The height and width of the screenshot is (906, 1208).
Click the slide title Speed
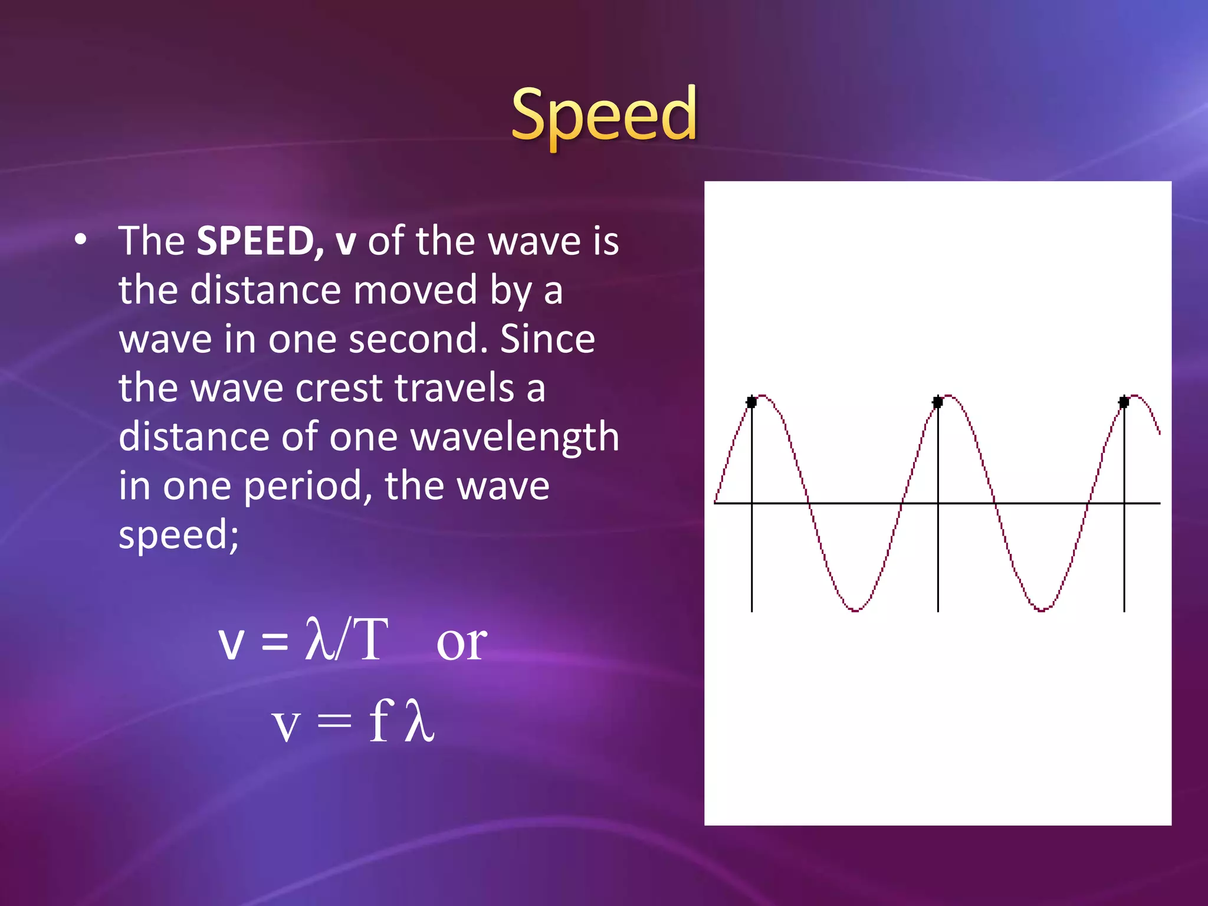[x=603, y=115]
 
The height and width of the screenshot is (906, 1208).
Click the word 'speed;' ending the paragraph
[x=179, y=535]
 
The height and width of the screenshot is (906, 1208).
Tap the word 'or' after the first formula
[x=461, y=642]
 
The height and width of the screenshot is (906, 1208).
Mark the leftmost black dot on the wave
[x=751, y=402]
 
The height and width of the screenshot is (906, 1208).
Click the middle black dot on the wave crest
[x=937, y=402]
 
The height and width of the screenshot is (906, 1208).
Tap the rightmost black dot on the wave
[x=1124, y=402]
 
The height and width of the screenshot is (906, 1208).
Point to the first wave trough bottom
[x=855, y=609]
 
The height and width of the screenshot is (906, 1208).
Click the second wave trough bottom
[x=1041, y=609]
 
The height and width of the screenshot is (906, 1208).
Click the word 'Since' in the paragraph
[x=547, y=340]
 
